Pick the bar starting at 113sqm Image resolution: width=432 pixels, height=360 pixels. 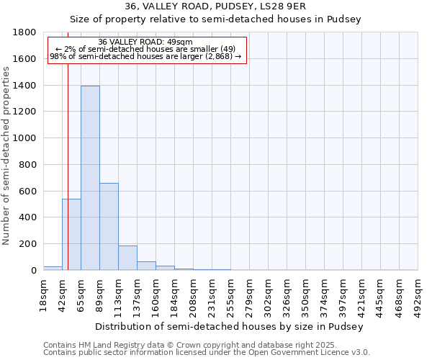[127, 258]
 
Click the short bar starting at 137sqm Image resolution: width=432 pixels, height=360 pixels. [146, 266]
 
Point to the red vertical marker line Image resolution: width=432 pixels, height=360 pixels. [68, 144]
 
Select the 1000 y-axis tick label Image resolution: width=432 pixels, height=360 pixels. [24, 138]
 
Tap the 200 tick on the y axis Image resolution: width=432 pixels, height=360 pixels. [27, 244]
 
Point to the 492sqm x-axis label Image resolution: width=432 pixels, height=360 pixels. [418, 293]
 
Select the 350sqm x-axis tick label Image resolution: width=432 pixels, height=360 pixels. [306, 293]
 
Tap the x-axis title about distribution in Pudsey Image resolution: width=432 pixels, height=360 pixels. [230, 326]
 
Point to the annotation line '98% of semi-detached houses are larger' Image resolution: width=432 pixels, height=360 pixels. [145, 57]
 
